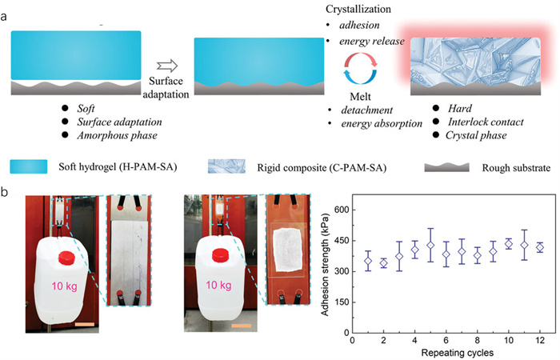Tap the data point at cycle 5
(x=430, y=245)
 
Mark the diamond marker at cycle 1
(x=368, y=261)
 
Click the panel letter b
(x=7, y=193)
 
